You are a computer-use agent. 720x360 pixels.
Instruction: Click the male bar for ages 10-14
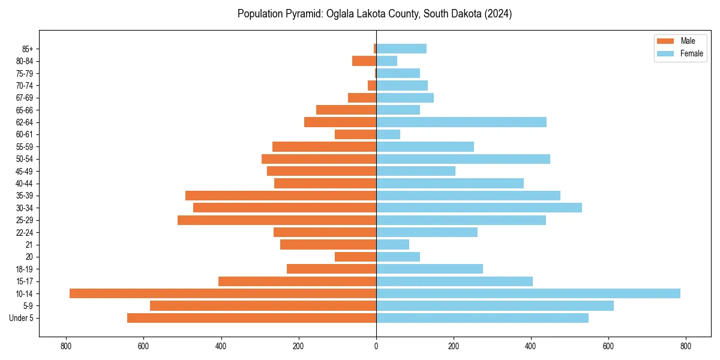pyautogui.click(x=223, y=293)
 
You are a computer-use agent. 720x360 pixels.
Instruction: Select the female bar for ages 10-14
pyautogui.click(x=528, y=293)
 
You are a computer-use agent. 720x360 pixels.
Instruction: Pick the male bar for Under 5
pyautogui.click(x=251, y=318)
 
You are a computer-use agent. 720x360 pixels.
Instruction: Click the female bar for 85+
pyautogui.click(x=401, y=49)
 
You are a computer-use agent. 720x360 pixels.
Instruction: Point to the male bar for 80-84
pyautogui.click(x=364, y=61)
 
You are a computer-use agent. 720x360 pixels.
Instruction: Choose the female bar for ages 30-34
pyautogui.click(x=479, y=208)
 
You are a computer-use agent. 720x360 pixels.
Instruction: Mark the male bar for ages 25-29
pyautogui.click(x=277, y=220)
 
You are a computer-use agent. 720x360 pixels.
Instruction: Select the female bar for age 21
pyautogui.click(x=392, y=245)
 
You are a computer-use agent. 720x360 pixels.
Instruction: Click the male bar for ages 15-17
pyautogui.click(x=297, y=281)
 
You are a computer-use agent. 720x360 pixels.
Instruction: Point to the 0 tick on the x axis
pyautogui.click(x=376, y=346)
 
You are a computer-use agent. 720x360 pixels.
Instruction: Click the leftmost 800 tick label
pyautogui.click(x=66, y=346)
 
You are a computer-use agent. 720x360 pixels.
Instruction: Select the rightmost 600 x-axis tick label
pyautogui.click(x=608, y=346)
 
